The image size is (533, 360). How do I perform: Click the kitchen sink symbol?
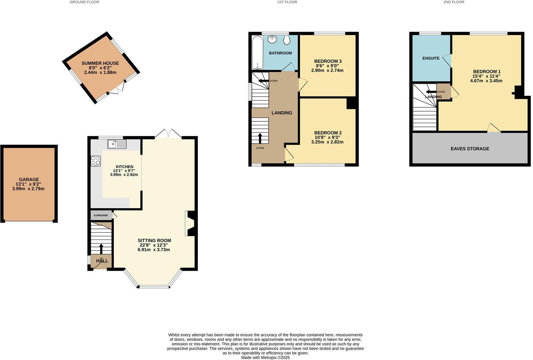pyautogui.click(x=117, y=144)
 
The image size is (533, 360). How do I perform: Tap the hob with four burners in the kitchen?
pyautogui.click(x=96, y=161)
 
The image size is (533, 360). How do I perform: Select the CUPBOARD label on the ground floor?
pyautogui.click(x=101, y=215)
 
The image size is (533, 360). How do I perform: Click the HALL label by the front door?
pyautogui.click(x=102, y=261)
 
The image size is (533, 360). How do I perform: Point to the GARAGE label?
pyautogui.click(x=29, y=179)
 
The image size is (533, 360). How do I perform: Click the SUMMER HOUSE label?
pyautogui.click(x=100, y=63)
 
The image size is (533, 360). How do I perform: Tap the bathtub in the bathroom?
pyautogui.click(x=257, y=52)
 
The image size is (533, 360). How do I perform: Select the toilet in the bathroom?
pyautogui.click(x=287, y=40)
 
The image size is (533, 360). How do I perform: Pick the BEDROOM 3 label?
pyautogui.click(x=328, y=61)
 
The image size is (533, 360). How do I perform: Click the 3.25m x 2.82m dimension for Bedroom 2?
pyautogui.click(x=328, y=142)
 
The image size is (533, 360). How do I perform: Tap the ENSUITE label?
pyautogui.click(x=431, y=58)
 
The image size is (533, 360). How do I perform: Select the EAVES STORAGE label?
pyautogui.click(x=470, y=149)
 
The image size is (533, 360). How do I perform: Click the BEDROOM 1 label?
pyautogui.click(x=487, y=72)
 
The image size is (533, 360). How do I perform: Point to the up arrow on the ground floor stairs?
pyautogui.click(x=102, y=248)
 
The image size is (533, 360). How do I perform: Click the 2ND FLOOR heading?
pyautogui.click(x=454, y=2)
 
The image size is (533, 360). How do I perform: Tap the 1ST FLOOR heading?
pyautogui.click(x=287, y=2)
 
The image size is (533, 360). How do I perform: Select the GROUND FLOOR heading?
pyautogui.click(x=84, y=2)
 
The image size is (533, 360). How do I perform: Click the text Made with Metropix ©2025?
pyautogui.click(x=265, y=358)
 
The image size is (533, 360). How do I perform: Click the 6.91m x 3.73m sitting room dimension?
pyautogui.click(x=154, y=250)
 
